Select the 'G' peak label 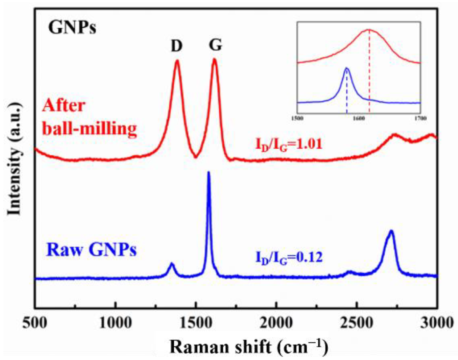coord(215,45)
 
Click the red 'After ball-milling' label coord(89,117)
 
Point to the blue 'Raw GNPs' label coord(91,250)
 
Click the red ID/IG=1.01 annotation coord(289,145)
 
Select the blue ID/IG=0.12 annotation coord(289,258)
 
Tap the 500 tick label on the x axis coord(35,322)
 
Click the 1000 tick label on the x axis coord(116,322)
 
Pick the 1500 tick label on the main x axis coord(196,322)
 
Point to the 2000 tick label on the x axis coord(276,322)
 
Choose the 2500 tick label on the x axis coord(357,322)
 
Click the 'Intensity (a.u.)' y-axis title coord(14,159)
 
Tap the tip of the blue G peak coord(209,172)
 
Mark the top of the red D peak coord(177,61)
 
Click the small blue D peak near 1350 coord(171,263)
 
